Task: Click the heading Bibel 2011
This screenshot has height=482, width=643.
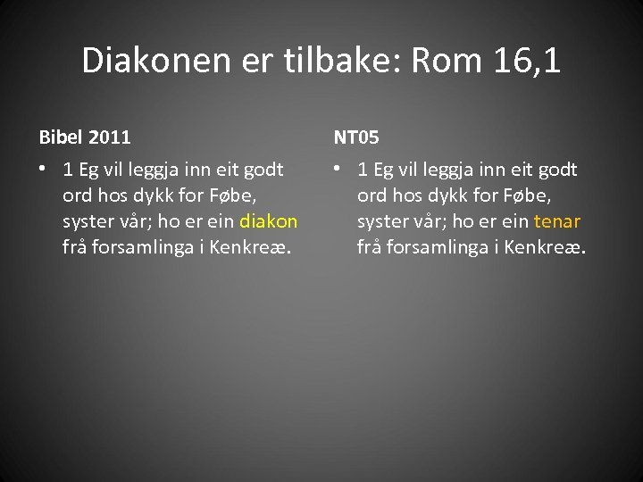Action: pos(85,137)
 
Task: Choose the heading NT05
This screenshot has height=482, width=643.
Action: pos(356,137)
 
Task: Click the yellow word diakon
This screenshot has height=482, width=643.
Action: pos(268,221)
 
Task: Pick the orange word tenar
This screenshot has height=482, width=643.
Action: pos(557,221)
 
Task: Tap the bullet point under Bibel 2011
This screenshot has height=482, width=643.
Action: pos(43,170)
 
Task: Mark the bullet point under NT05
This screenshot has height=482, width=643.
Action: pos(338,170)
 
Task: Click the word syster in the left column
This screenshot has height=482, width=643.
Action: pos(88,221)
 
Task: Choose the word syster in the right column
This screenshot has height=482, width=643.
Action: pos(383,221)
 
